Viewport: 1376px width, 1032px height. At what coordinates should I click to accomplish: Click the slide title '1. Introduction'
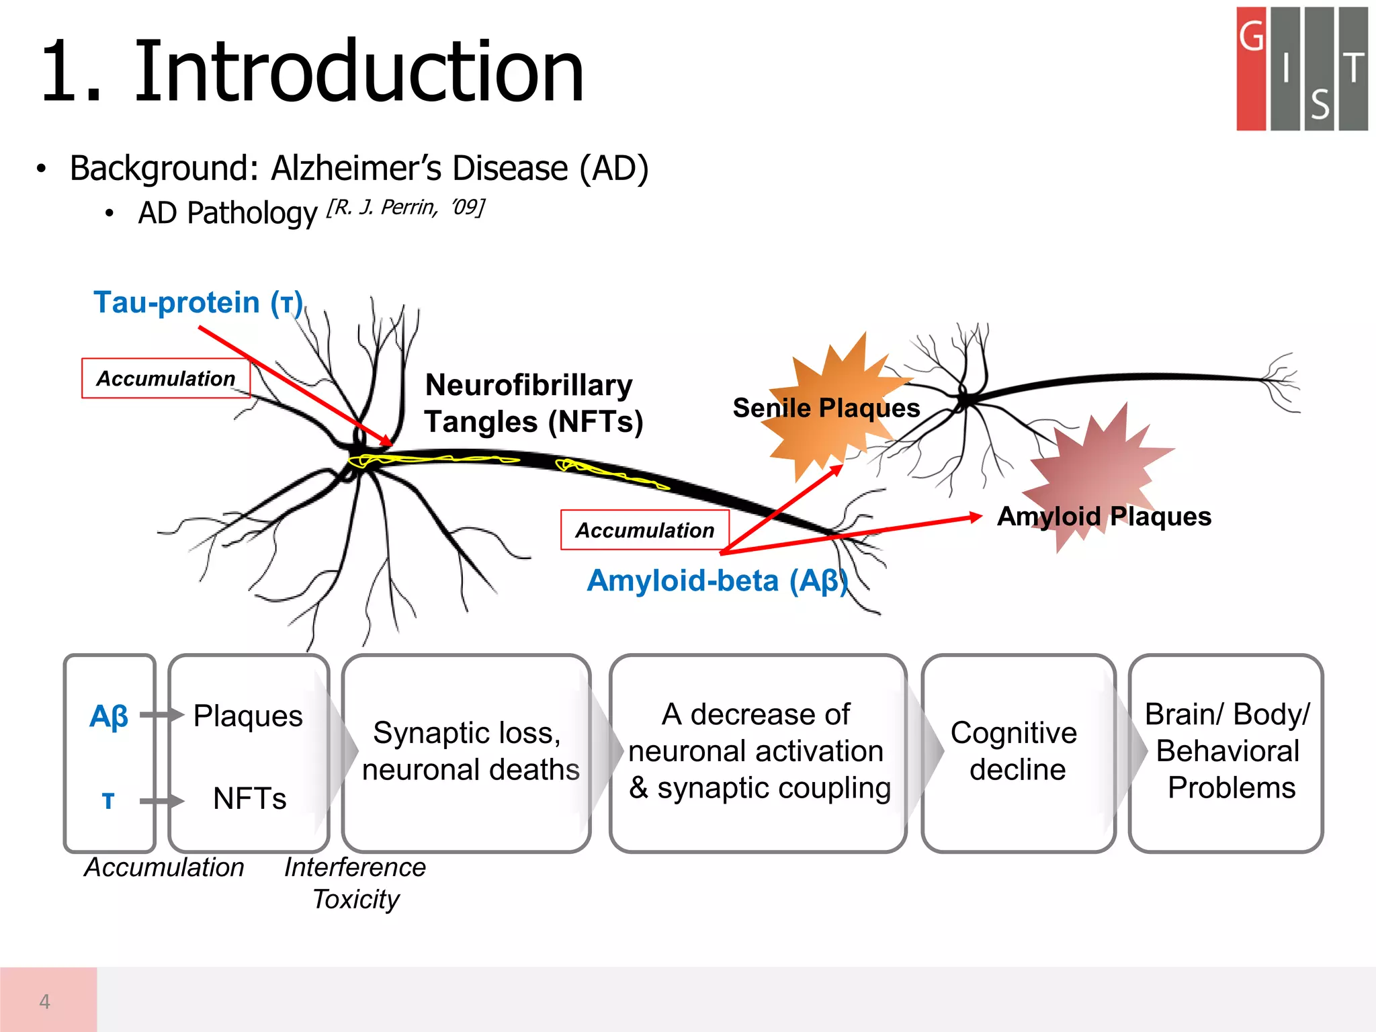312,73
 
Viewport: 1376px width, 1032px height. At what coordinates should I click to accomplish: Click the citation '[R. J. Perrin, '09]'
405,208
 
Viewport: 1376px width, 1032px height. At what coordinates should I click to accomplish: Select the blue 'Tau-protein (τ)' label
198,302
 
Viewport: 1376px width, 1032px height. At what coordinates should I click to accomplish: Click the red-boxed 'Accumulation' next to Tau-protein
166,379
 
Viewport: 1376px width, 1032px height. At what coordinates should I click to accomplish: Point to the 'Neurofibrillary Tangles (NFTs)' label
533,404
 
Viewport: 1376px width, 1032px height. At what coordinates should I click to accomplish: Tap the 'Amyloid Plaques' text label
1104,517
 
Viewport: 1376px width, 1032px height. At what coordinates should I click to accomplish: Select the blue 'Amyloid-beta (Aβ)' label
717,581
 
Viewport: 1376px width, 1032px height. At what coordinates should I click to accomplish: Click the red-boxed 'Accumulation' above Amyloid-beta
645,530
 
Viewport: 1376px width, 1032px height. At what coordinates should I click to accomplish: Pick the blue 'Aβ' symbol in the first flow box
109,716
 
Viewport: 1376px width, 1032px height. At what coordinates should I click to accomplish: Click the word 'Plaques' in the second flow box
248,716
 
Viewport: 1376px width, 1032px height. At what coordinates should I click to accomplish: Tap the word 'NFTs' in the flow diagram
249,799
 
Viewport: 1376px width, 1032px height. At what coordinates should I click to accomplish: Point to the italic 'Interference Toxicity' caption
355,883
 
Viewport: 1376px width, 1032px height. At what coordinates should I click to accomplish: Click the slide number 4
45,1002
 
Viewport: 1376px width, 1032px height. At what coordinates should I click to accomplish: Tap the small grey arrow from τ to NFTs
161,801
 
